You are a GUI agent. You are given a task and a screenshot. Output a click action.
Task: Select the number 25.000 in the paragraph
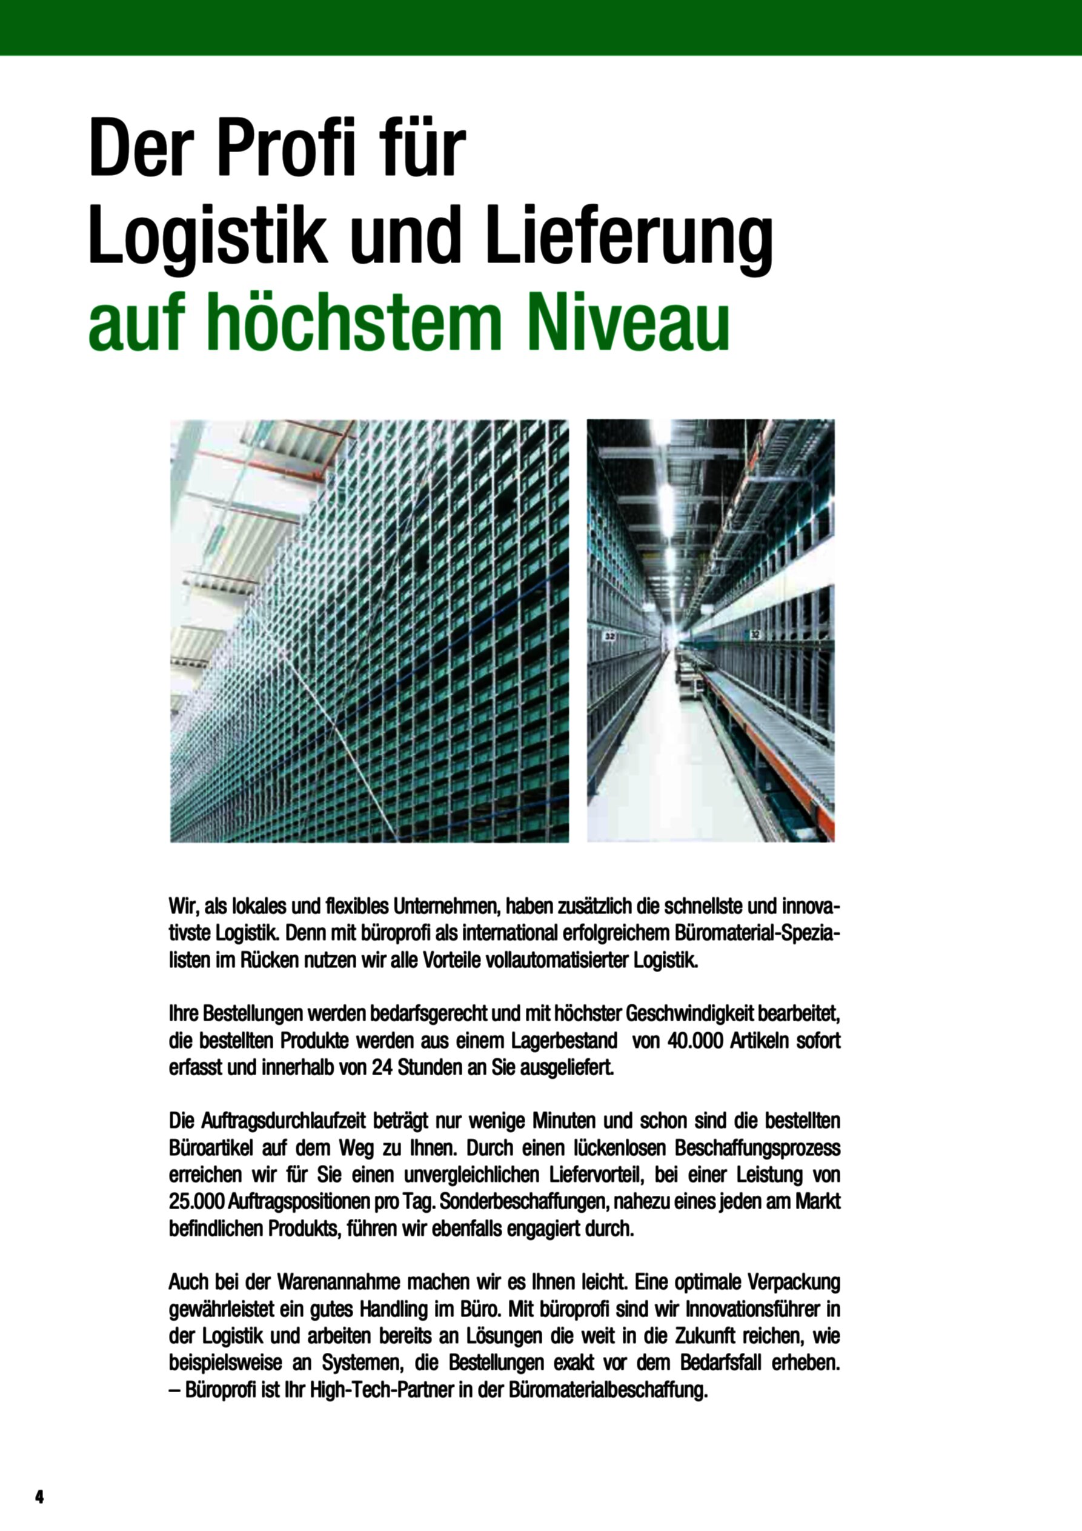tap(196, 1202)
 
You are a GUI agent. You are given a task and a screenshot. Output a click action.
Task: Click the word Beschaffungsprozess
tap(757, 1146)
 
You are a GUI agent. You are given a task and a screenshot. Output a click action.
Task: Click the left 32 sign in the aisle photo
tap(609, 638)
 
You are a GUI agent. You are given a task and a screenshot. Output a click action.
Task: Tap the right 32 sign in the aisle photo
tap(755, 633)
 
